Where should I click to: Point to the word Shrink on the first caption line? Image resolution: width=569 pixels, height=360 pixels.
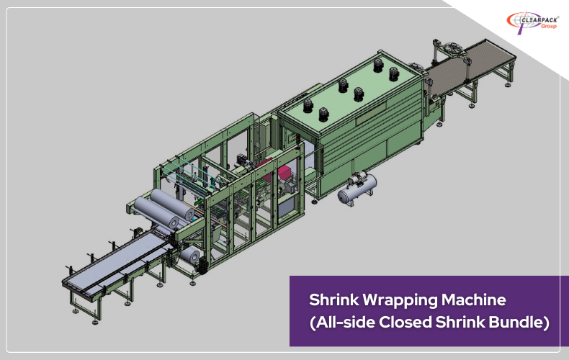[x=332, y=298]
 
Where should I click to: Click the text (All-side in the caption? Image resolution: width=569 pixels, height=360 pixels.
[x=339, y=322]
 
